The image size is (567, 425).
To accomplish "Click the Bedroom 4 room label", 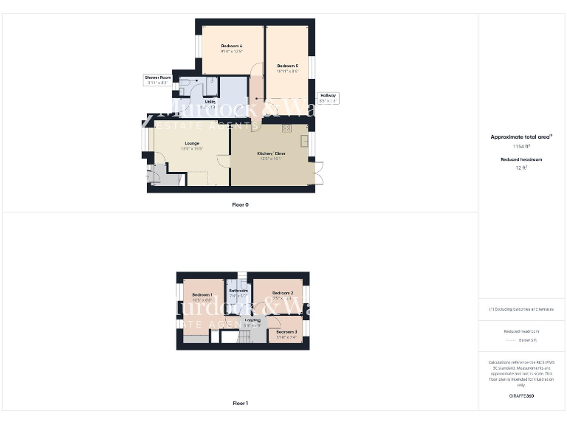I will (x=231, y=46).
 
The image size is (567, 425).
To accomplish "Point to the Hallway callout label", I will (x=328, y=95).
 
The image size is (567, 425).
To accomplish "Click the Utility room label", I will (x=210, y=101).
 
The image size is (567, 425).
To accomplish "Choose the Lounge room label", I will (x=192, y=144).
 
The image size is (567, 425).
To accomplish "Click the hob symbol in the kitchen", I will (x=286, y=128).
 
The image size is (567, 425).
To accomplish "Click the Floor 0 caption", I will (x=240, y=204).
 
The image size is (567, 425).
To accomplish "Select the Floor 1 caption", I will (x=240, y=404).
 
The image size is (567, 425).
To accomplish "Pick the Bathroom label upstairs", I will (x=238, y=291).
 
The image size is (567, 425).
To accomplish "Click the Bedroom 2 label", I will (x=283, y=293).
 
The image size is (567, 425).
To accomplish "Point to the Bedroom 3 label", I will (x=286, y=332).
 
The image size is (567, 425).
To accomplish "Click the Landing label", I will (x=252, y=320).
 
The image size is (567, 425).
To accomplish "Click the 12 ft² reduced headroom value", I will (x=521, y=168).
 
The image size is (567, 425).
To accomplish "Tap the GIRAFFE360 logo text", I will (x=521, y=396).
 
